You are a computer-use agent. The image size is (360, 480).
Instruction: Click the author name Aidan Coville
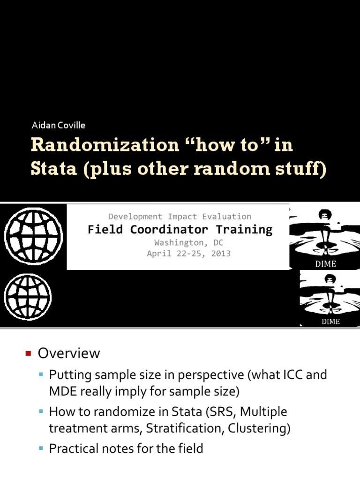pyautogui.click(x=58, y=125)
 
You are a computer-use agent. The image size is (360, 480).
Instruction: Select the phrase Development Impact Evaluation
pyautogui.click(x=180, y=217)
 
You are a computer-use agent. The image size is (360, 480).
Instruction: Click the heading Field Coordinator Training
pyautogui.click(x=180, y=230)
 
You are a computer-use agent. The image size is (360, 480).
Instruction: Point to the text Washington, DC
pyautogui.click(x=189, y=243)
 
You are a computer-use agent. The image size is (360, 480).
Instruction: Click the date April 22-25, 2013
pyautogui.click(x=188, y=254)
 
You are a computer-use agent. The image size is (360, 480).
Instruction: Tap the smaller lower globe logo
pyautogui.click(x=28, y=297)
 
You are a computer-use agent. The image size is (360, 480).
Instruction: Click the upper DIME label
pyautogui.click(x=325, y=264)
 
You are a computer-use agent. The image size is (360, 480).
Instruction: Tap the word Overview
pyautogui.click(x=69, y=353)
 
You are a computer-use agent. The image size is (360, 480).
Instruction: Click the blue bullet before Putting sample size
pyautogui.click(x=42, y=375)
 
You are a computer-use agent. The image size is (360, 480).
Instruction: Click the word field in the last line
pyautogui.click(x=189, y=449)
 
